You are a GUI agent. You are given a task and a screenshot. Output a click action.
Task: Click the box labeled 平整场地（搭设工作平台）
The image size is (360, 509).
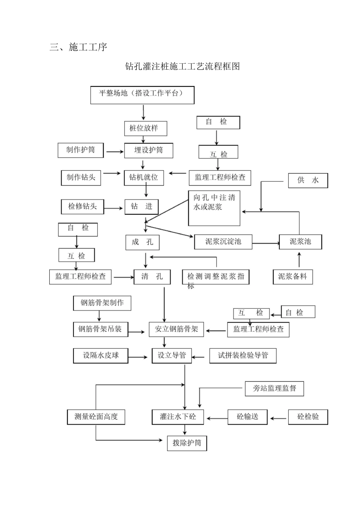pos(142,95)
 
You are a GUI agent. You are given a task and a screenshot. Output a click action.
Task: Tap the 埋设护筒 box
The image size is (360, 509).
pos(149,150)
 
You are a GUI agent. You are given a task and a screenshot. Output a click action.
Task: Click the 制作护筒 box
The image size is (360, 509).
pos(81,150)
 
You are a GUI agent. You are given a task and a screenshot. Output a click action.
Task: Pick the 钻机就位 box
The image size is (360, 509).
pos(144,177)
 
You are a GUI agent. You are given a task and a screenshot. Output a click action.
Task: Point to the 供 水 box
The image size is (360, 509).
pos(308,181)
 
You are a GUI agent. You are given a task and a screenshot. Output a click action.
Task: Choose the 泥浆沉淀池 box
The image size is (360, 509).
pos(223,242)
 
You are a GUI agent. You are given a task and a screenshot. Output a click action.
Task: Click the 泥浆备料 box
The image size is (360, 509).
pos(293,276)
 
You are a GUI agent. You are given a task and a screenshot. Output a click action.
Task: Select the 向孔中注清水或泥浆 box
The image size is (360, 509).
pos(214,208)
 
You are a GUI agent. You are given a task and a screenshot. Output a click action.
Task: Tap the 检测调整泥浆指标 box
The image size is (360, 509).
pos(216,276)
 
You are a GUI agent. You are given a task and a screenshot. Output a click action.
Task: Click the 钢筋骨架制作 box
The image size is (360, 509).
pos(102,303)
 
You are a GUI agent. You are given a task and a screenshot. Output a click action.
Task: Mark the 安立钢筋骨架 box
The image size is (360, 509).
pos(177,329)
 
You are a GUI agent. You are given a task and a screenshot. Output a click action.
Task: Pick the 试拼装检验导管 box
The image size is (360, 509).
pos(243,356)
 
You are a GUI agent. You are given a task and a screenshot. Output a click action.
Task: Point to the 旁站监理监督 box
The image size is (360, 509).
pos(274,389)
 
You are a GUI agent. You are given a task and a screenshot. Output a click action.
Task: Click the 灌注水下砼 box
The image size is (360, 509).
pos(178,417)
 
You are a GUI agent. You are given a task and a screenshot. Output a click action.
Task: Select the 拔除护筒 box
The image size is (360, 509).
pos(187,443)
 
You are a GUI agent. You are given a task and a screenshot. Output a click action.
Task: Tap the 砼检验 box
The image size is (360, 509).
pos(308,417)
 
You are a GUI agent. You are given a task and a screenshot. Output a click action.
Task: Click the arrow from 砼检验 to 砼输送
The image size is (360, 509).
pos(278,418)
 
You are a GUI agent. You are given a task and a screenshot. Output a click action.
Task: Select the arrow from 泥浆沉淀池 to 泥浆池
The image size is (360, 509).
pos(266,243)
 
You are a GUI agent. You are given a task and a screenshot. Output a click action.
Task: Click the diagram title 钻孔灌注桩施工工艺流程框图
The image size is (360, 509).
pos(182,67)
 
